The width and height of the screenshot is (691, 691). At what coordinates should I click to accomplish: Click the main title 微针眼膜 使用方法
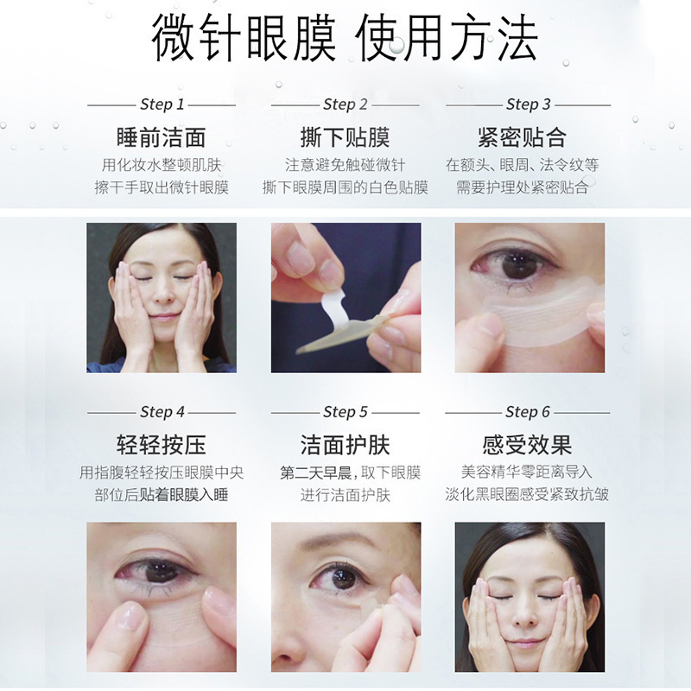(x=344, y=39)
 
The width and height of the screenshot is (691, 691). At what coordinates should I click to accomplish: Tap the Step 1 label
(x=162, y=105)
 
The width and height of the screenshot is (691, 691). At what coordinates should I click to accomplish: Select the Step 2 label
(x=345, y=105)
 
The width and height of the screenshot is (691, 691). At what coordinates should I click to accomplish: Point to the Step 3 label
(x=529, y=105)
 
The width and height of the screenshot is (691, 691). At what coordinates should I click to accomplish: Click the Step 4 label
(x=162, y=412)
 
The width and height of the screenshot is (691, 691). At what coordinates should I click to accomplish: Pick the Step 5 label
(x=345, y=412)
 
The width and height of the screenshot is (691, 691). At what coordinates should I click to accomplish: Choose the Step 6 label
(x=528, y=412)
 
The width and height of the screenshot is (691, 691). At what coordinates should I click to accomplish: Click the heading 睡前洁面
(x=162, y=137)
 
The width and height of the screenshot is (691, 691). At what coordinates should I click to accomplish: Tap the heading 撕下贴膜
(x=345, y=137)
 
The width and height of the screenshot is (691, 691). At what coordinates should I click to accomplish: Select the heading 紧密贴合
(x=523, y=137)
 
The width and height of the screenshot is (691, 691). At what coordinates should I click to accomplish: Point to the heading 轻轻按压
(x=162, y=445)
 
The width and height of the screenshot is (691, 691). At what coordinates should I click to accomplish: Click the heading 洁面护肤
(x=345, y=445)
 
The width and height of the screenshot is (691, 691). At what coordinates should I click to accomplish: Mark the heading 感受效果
(x=527, y=445)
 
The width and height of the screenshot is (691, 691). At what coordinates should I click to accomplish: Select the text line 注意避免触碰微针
(x=345, y=165)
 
